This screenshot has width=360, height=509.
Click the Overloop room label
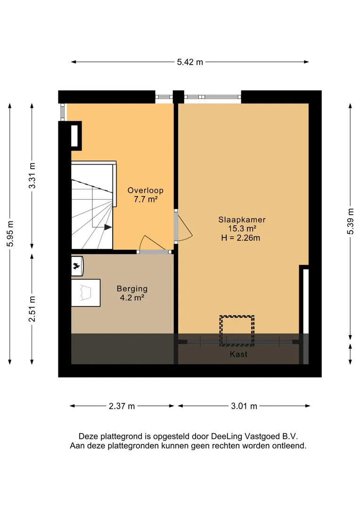[x=145, y=190]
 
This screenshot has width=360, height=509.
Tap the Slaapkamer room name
[x=242, y=220]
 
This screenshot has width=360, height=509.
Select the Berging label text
[x=132, y=288]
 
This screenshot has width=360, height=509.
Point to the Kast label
[x=238, y=354]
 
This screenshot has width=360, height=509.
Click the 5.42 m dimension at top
[x=190, y=62]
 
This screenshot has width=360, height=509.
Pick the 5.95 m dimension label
[x=10, y=233]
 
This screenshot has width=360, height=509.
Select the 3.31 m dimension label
[x=32, y=176]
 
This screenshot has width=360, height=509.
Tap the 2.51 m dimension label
[x=32, y=309]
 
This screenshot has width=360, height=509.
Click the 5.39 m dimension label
[x=351, y=221]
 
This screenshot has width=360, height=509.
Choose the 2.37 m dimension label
[x=122, y=406]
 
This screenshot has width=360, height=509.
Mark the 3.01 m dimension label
[x=244, y=406]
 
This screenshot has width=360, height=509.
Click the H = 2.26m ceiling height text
[x=240, y=238]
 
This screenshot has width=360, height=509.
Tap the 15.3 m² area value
[x=242, y=229]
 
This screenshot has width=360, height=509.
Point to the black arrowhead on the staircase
[x=108, y=227]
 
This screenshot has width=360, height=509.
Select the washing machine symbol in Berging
[x=77, y=266]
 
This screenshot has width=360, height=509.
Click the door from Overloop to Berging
[x=154, y=244]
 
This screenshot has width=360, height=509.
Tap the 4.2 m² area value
[x=132, y=298]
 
